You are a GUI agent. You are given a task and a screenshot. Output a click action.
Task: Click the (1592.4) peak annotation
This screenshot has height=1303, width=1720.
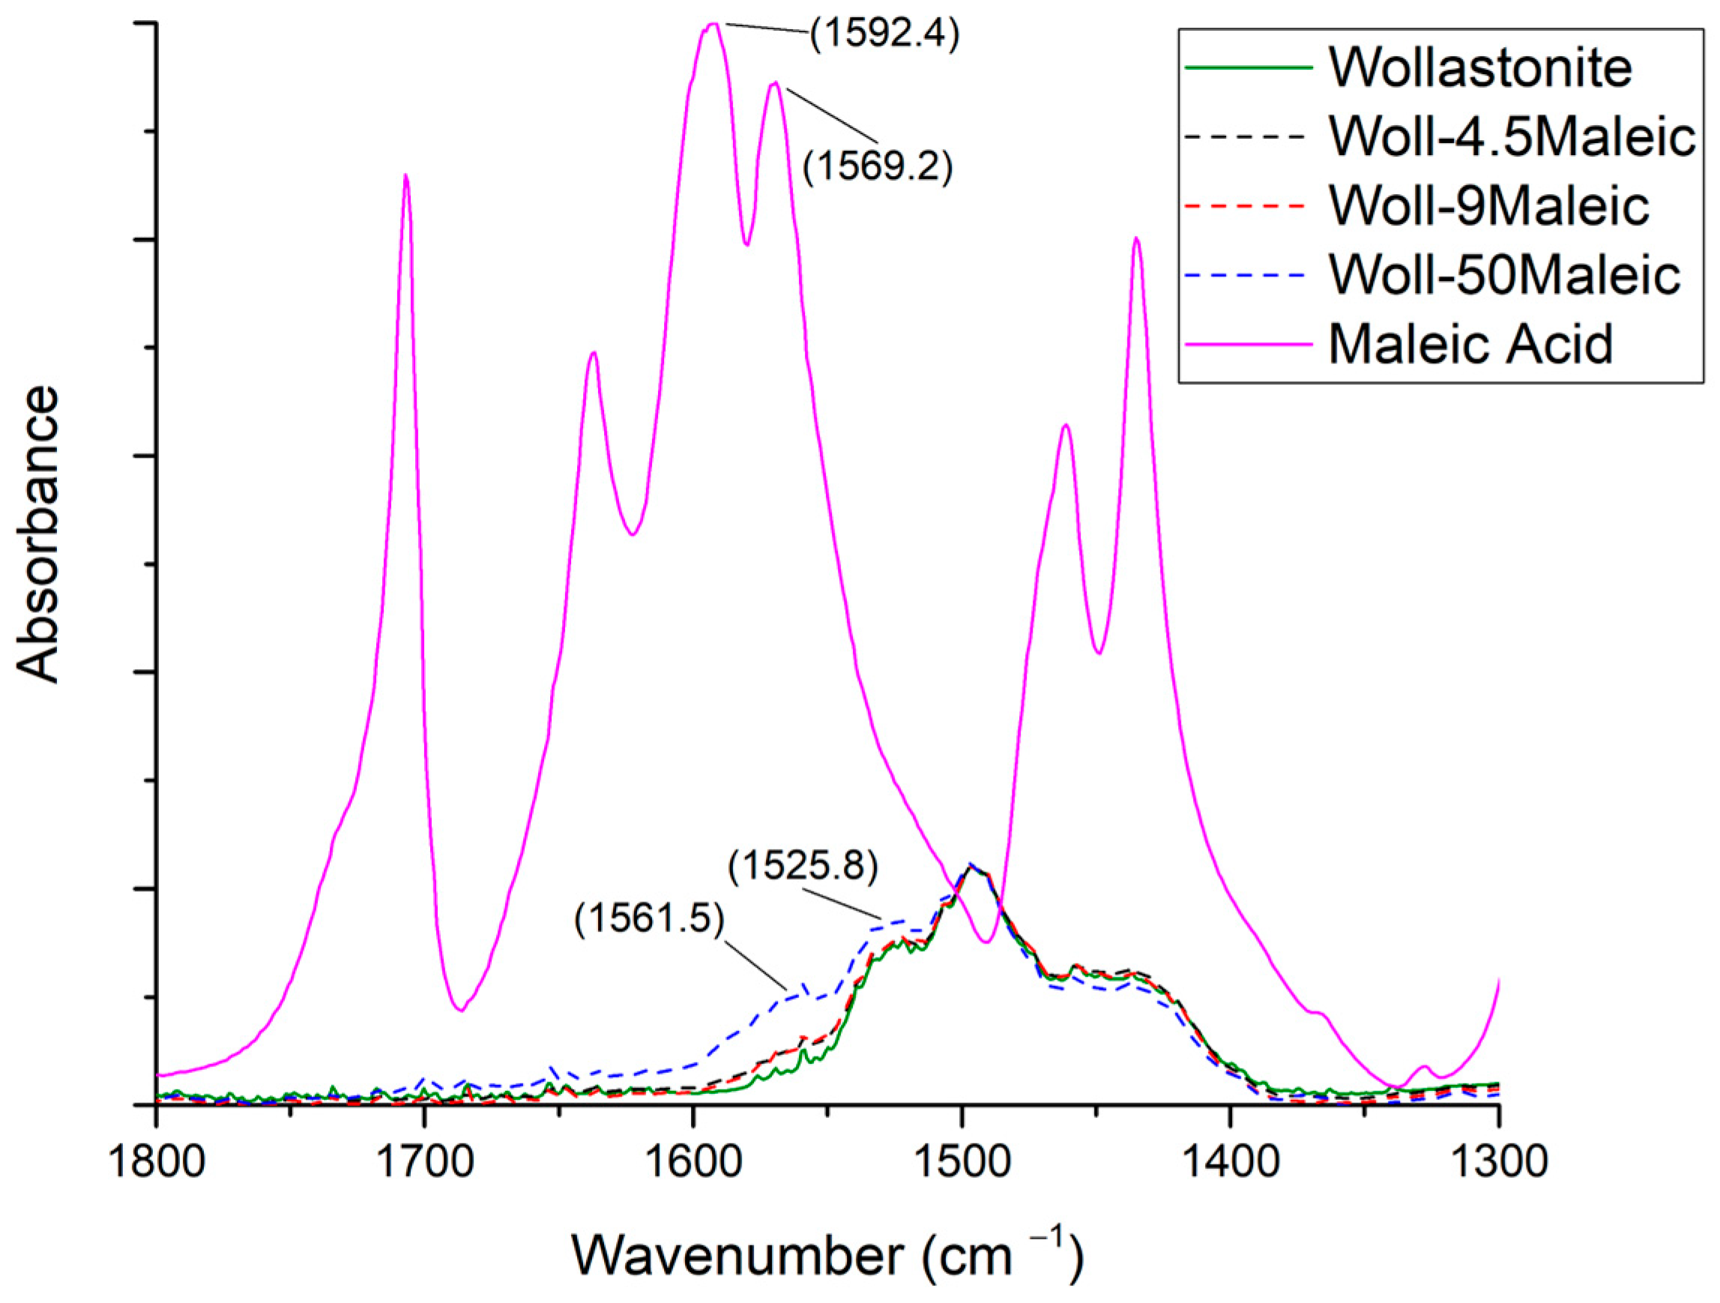(x=885, y=35)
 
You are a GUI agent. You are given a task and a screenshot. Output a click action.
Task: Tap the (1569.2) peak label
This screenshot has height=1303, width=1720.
(x=877, y=166)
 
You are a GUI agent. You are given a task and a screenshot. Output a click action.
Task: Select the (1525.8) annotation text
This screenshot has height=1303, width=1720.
(x=803, y=866)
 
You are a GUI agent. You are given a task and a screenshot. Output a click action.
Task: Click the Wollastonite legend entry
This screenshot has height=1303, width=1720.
(x=1479, y=67)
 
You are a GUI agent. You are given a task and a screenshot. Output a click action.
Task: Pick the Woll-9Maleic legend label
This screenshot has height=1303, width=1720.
(x=1489, y=205)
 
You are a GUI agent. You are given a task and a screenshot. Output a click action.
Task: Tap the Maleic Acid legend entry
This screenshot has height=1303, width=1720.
(x=1470, y=343)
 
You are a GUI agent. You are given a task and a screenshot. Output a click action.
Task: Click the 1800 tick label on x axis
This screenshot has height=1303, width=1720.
(x=157, y=1162)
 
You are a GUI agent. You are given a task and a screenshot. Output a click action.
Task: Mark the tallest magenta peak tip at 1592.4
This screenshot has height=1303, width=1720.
(x=712, y=24)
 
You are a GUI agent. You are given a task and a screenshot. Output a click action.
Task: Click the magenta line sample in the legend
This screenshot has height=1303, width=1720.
(x=1248, y=343)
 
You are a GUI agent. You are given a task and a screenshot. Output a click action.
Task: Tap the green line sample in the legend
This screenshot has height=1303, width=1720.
(x=1248, y=67)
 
